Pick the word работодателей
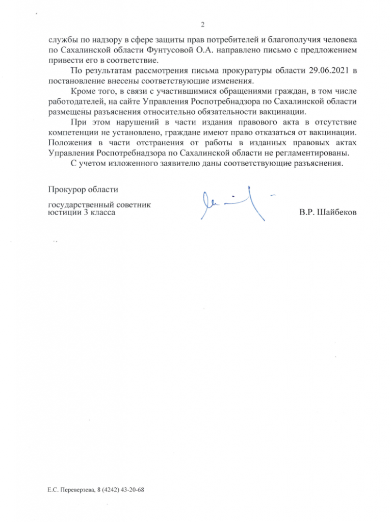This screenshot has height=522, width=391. click(74, 101)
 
